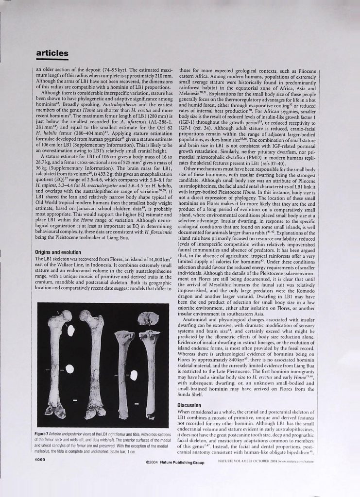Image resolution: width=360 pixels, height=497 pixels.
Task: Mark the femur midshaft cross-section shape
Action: (x=70, y=368)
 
